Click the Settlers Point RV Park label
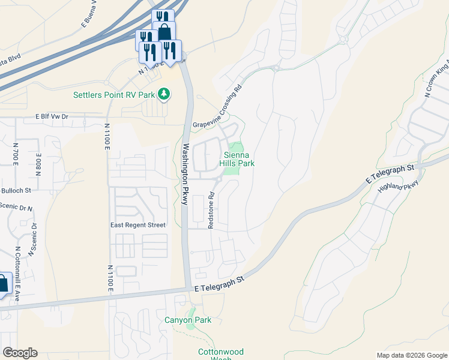tap(114, 95)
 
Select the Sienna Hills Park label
tap(239, 159)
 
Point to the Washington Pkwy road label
tap(186, 175)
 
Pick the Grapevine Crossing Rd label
tap(217, 106)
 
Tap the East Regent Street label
tap(137, 225)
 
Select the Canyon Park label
tap(188, 320)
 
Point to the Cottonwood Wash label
tap(221, 353)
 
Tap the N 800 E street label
tap(38, 163)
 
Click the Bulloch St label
tap(17, 190)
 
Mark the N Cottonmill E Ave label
tap(17, 266)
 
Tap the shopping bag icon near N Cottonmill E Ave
tap(2, 284)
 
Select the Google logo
tap(20, 353)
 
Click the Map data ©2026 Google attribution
tap(411, 355)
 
